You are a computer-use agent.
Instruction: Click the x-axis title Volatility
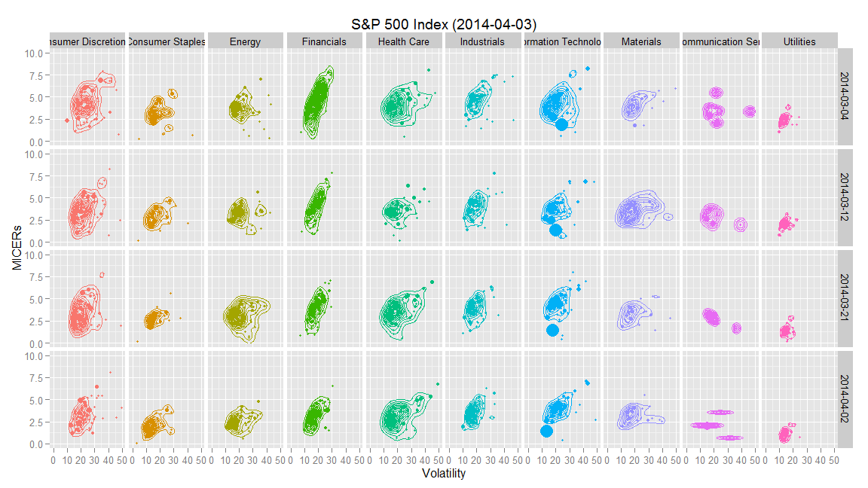pyautogui.click(x=444, y=474)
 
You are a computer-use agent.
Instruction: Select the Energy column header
pyautogui.click(x=245, y=42)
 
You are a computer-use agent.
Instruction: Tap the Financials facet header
pyautogui.click(x=324, y=42)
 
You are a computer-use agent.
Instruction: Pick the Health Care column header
pyautogui.click(x=403, y=42)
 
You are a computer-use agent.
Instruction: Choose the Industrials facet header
pyautogui.click(x=482, y=42)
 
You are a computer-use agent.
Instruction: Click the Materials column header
pyautogui.click(x=641, y=42)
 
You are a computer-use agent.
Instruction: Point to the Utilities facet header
pyautogui.click(x=799, y=42)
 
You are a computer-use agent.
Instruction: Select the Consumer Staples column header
pyautogui.click(x=166, y=42)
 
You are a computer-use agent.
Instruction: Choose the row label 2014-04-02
pyautogui.click(x=845, y=398)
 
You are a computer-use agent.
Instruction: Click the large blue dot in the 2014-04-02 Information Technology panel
pyautogui.click(x=546, y=431)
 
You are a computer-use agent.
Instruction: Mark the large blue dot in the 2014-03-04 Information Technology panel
pyautogui.click(x=561, y=124)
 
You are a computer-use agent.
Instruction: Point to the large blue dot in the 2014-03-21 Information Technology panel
pyautogui.click(x=552, y=329)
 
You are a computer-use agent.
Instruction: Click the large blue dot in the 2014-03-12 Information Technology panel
pyautogui.click(x=556, y=230)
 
